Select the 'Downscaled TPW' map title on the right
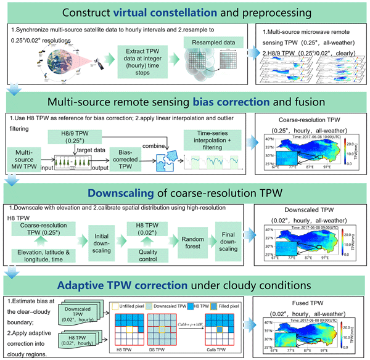pyautogui.click(x=310, y=210)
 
